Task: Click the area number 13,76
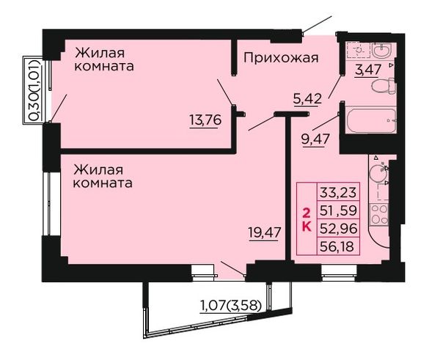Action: click(x=205, y=120)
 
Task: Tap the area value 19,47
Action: click(x=265, y=232)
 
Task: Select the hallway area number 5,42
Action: click(x=307, y=98)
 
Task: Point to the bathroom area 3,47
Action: click(x=368, y=70)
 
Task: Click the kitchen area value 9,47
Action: click(x=315, y=139)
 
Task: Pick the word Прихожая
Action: click(x=281, y=58)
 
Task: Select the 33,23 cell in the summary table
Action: click(x=338, y=193)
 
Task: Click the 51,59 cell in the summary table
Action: click(x=338, y=210)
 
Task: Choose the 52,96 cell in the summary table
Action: click(x=338, y=229)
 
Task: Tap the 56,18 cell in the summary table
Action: click(x=338, y=246)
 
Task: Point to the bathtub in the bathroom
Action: click(x=371, y=120)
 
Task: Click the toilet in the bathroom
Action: click(x=383, y=86)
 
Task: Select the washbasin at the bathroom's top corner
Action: click(x=381, y=51)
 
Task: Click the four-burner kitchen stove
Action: click(x=379, y=215)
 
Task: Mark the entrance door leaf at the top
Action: click(x=318, y=25)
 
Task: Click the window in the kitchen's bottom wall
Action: click(x=339, y=273)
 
